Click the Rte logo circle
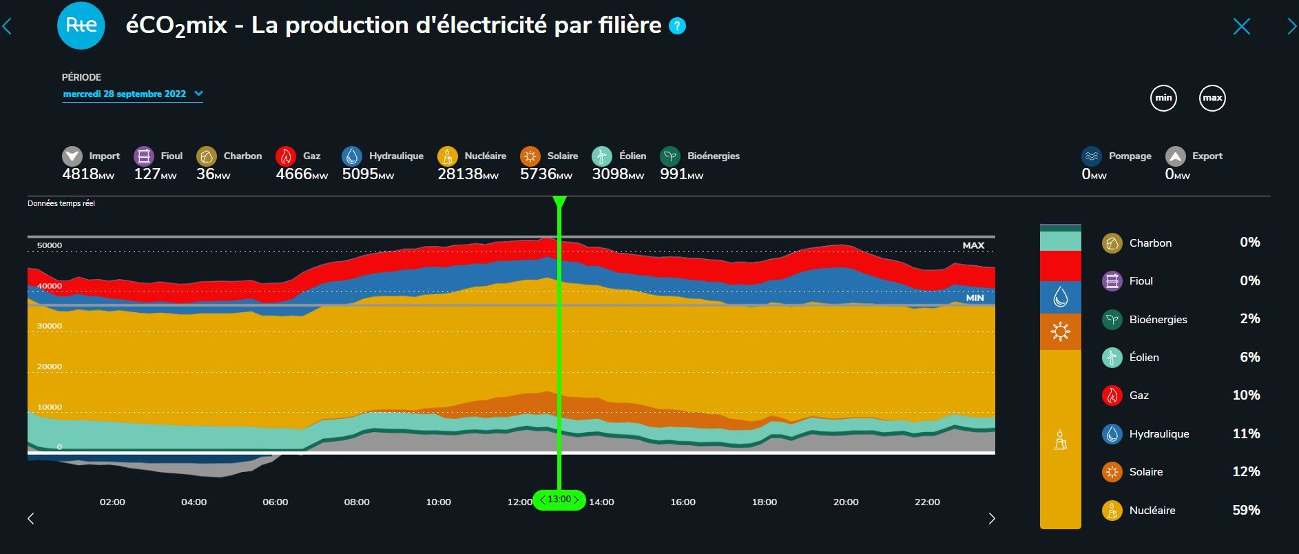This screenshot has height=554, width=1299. [81, 25]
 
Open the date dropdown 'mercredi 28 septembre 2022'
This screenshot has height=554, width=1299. [132, 94]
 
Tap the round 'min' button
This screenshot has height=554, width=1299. [1163, 98]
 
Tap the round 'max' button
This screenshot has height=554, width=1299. [1212, 98]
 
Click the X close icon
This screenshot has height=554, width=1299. [1241, 27]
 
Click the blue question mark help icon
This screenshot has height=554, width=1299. [678, 26]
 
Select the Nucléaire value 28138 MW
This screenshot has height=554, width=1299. [468, 174]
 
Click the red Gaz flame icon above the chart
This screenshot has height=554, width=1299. [286, 156]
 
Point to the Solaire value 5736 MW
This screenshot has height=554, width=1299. [545, 174]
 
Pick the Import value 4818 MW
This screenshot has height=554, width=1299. [88, 174]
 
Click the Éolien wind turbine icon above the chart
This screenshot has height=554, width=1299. [602, 156]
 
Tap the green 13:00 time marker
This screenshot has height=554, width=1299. [559, 500]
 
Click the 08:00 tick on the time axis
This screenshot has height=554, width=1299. [357, 502]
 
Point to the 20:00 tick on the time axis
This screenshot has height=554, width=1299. [846, 502]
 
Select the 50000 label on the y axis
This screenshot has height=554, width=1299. [50, 245]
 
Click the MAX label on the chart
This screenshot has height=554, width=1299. [973, 245]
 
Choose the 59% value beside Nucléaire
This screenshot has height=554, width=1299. [1246, 510]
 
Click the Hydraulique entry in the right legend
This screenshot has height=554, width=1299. [1158, 434]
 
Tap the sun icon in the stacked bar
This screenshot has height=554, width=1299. [1061, 332]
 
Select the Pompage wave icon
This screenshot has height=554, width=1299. [1092, 156]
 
